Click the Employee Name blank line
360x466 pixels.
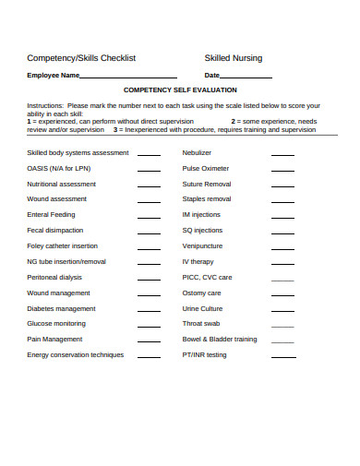click(x=129, y=78)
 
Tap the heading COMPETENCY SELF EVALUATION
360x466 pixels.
click(x=180, y=90)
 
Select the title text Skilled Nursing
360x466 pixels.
click(x=234, y=58)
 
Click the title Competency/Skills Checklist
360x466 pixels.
click(x=82, y=58)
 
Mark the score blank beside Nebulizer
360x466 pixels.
click(x=283, y=155)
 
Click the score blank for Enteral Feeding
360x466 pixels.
click(x=149, y=217)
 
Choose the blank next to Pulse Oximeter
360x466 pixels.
click(x=283, y=171)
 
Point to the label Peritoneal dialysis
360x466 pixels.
click(x=55, y=277)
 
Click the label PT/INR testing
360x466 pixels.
click(x=204, y=354)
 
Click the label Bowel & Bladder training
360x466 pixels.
click(x=220, y=339)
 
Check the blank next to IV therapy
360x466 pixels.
click(x=283, y=264)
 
